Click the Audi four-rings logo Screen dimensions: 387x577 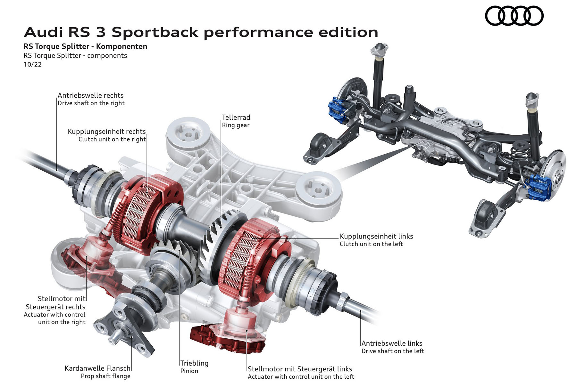tap(514, 16)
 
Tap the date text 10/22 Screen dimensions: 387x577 tap(32, 64)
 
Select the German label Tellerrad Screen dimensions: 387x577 tap(236, 117)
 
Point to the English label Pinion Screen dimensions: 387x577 tap(189, 371)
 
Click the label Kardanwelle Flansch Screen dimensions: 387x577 tap(97, 368)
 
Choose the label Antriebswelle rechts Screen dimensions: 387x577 tap(90, 95)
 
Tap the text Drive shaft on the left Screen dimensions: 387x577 tap(392, 351)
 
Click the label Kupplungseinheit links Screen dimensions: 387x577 tap(376, 236)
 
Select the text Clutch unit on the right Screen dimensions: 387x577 tap(112, 139)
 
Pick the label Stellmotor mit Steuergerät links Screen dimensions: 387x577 tap(300, 369)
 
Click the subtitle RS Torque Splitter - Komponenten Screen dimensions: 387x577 tap(85, 46)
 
